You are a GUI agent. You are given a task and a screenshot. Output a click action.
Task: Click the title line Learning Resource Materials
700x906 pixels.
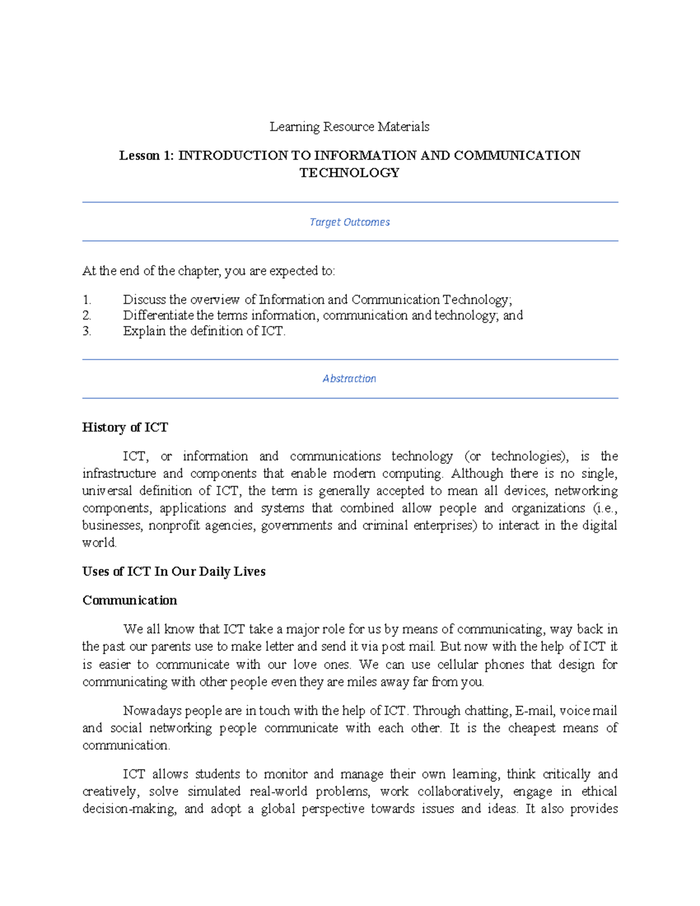[x=349, y=127]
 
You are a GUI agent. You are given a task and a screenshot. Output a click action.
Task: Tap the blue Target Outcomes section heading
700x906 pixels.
[x=349, y=222]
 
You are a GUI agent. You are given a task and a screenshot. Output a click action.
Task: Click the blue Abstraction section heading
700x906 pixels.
[x=349, y=379]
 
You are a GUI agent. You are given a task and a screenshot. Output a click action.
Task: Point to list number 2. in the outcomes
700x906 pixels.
[x=87, y=316]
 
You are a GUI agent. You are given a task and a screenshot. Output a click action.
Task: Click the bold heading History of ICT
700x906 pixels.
[x=125, y=428]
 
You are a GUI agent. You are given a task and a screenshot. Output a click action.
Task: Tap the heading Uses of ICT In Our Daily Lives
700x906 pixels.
[x=174, y=572]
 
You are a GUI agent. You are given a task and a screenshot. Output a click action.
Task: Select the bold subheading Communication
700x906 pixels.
[x=129, y=600]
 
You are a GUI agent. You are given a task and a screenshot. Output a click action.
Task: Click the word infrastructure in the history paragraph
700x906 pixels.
[x=119, y=473]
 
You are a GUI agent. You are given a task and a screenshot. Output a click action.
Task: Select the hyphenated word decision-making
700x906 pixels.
[x=129, y=809]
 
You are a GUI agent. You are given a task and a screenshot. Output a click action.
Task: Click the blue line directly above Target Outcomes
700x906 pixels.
[x=350, y=202]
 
